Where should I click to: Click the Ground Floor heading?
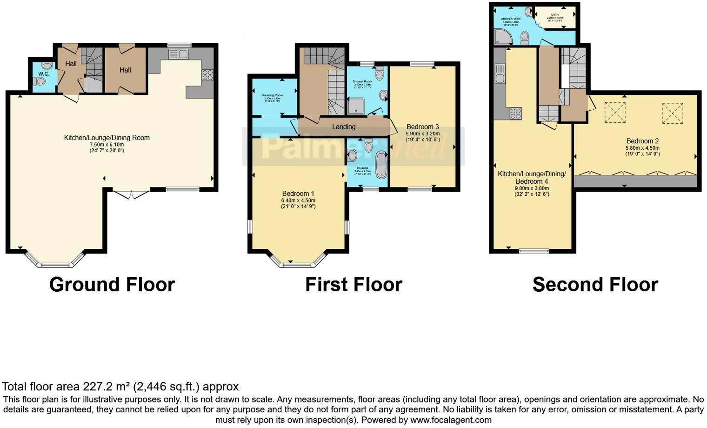coord(112,284)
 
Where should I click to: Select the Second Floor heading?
coord(595,284)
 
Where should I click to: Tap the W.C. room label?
coord(44,74)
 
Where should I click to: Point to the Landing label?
coord(344,127)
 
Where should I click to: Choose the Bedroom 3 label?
coord(422,127)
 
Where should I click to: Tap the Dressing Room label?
coord(272,95)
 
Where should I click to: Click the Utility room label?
coord(555,15)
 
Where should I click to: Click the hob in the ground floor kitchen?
coord(207,75)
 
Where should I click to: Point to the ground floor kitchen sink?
coord(178,54)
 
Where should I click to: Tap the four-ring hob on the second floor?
coord(515,114)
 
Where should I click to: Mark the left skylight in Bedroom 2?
coord(614,113)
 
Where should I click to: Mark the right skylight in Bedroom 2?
coord(673,113)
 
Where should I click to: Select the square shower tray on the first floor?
coord(356,107)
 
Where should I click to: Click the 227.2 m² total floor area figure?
coord(107,387)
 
